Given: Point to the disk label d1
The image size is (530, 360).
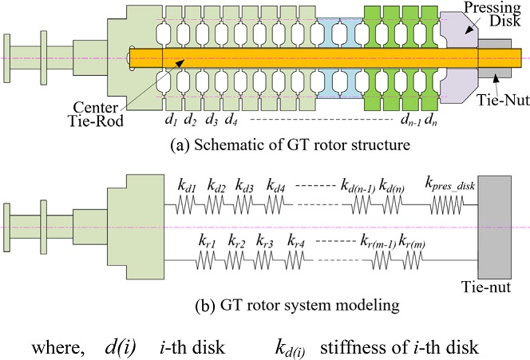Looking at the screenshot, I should point(170,121).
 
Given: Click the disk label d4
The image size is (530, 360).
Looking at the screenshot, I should point(231,121).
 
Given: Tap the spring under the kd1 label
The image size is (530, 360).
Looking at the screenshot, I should point(188,206).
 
